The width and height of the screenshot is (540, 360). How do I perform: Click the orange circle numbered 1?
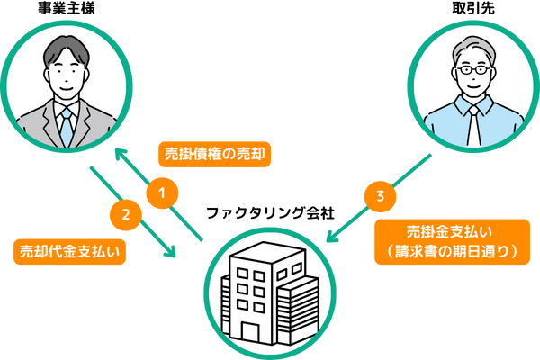click(162, 192)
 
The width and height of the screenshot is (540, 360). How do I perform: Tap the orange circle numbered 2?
click(126, 214)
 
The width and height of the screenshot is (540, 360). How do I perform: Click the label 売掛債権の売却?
click(214, 154)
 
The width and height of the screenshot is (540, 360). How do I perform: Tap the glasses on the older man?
click(473, 69)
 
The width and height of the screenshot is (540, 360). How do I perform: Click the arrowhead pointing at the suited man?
click(118, 157)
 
